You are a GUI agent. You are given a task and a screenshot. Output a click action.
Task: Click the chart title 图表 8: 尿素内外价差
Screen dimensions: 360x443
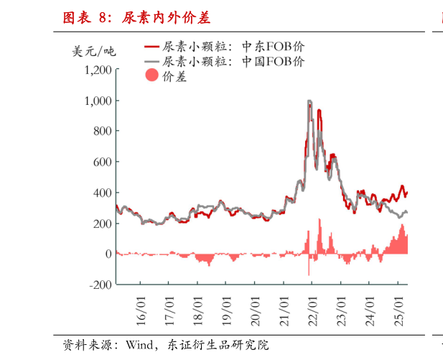point(136,17)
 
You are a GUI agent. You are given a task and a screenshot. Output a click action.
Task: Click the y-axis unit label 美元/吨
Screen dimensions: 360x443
point(94,51)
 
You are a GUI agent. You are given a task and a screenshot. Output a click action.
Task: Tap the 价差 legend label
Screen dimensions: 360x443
point(174,76)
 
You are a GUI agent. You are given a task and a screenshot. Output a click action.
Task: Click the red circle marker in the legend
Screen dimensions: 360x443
point(151,76)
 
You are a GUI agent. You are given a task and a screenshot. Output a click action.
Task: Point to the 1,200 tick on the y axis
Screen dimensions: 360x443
point(98,70)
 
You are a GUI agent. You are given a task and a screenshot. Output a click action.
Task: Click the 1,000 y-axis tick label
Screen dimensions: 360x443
point(98,101)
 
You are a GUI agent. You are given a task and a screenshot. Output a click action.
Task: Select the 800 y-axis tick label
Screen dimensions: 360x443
point(102,131)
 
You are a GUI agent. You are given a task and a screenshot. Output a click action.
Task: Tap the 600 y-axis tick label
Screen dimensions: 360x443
point(102,162)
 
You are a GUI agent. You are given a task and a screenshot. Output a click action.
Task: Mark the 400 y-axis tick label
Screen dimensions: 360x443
point(102,193)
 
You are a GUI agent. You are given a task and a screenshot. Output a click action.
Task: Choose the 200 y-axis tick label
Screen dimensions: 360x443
point(102,223)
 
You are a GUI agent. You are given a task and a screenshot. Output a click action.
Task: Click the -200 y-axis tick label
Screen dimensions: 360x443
point(100,285)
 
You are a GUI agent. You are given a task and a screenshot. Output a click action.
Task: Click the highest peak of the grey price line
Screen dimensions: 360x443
point(309,101)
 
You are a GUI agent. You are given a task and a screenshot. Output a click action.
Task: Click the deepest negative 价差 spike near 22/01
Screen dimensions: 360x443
point(309,274)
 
